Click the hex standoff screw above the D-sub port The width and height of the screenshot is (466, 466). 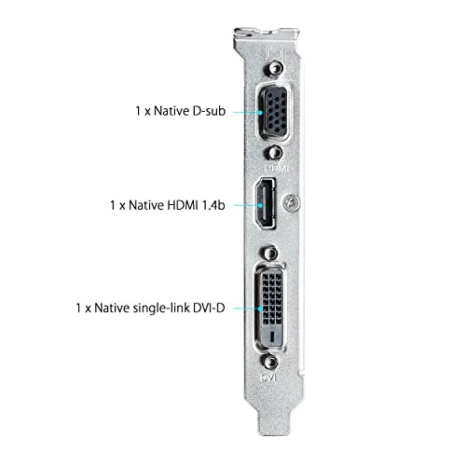point(273,71)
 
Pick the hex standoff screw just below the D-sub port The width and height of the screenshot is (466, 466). point(273,151)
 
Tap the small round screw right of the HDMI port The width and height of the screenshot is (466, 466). point(295,200)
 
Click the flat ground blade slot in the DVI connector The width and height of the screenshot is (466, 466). point(271,334)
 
